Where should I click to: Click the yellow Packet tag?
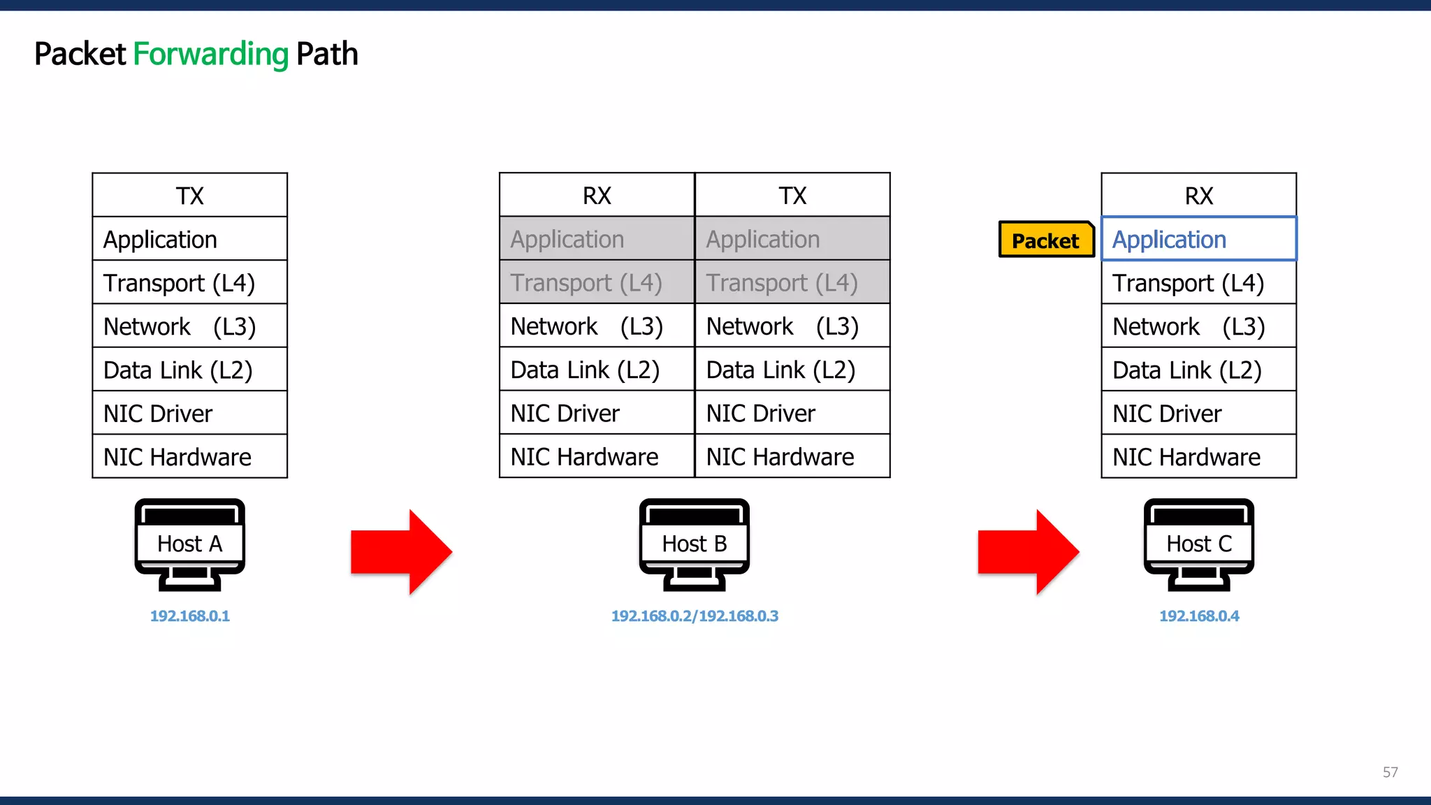click(1045, 240)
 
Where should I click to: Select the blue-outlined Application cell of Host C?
click(1198, 239)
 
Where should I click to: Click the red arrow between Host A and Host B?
click(401, 552)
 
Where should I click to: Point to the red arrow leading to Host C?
click(1028, 552)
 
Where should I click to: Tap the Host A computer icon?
click(189, 544)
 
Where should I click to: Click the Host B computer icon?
click(694, 544)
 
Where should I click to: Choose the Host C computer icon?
click(1199, 544)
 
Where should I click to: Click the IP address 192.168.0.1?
click(189, 616)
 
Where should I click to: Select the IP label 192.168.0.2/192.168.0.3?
click(695, 616)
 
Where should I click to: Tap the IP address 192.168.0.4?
click(1199, 616)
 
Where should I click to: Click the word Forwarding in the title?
click(210, 55)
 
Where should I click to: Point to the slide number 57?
click(1390, 772)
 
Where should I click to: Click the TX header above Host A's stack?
click(189, 196)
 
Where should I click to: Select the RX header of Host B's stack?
click(597, 196)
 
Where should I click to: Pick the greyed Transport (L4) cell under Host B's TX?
click(792, 282)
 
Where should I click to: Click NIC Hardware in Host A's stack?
click(189, 457)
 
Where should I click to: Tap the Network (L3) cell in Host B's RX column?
click(597, 326)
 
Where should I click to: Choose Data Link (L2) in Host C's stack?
click(1198, 370)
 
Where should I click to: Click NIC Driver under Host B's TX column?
click(792, 414)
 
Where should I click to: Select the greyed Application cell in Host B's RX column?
click(597, 239)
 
